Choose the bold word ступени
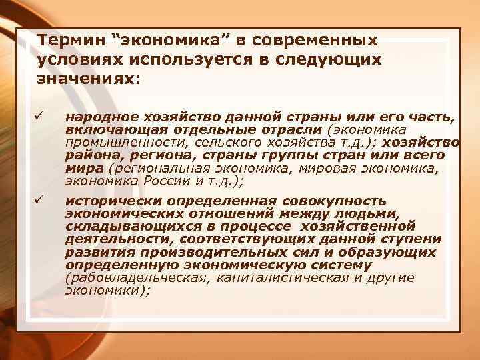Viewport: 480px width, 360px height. [x=415, y=239]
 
